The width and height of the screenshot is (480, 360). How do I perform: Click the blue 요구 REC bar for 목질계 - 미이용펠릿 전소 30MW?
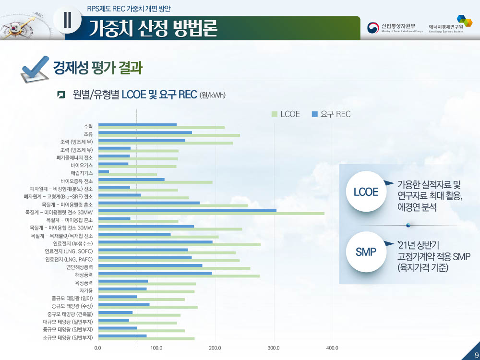tap(187, 210)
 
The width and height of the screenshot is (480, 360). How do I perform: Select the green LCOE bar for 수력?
tap(161, 127)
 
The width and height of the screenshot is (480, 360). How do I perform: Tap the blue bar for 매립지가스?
tap(104, 171)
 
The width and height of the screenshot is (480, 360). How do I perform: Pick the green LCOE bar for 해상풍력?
tap(179, 276)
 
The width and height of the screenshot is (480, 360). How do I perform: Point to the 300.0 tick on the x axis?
tap(274, 348)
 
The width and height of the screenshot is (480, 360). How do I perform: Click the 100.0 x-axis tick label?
tap(156, 348)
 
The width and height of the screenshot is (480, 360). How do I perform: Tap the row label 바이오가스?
tap(82, 165)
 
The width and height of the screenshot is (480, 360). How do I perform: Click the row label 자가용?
tap(86, 290)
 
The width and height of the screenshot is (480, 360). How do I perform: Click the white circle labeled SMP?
tap(366, 252)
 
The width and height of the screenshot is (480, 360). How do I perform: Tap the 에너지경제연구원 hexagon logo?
tap(464, 21)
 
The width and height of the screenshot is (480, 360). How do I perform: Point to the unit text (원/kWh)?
tap(212, 95)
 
